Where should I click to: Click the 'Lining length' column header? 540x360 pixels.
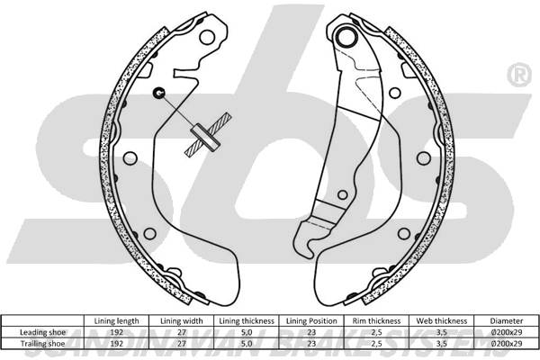coord(117,319)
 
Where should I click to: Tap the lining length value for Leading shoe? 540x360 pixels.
coord(117,331)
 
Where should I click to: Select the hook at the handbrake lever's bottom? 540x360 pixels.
coord(310,236)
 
